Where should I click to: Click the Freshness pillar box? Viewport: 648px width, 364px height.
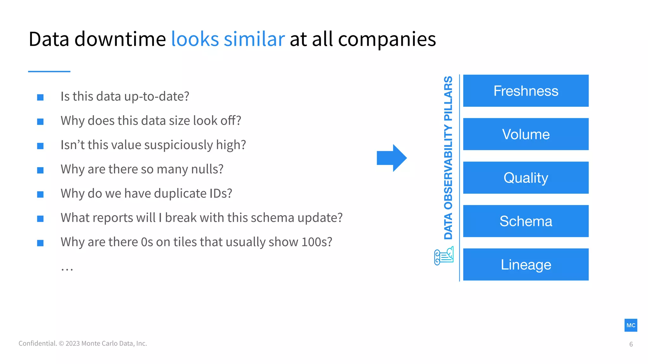point(526,91)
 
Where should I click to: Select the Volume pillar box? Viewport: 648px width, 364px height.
point(526,134)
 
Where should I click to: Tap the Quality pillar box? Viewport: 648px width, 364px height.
point(526,178)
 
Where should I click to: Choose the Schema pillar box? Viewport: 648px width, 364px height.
point(526,221)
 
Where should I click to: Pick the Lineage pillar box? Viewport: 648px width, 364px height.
point(526,264)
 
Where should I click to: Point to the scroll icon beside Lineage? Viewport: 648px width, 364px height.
point(444,256)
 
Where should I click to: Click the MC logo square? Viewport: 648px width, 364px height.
point(631,325)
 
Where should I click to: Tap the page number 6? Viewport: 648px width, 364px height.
point(631,344)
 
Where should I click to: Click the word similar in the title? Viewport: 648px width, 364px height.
point(254,39)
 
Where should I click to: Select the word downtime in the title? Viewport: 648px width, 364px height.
point(120,39)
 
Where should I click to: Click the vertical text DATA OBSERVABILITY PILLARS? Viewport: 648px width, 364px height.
point(448,157)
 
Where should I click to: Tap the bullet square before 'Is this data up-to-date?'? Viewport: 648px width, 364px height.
point(40,97)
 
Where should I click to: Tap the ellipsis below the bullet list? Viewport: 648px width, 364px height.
point(67,269)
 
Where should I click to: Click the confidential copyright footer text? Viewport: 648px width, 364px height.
point(83,343)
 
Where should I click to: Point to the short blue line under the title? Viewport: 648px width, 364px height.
point(49,71)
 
